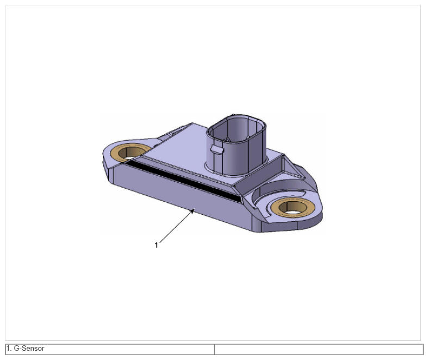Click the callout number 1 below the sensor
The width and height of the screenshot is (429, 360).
point(156,245)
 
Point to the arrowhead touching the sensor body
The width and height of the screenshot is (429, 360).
point(192,211)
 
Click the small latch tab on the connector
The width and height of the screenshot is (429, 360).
point(217,149)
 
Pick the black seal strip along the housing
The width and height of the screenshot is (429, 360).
point(183,181)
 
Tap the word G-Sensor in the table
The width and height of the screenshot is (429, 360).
point(29,349)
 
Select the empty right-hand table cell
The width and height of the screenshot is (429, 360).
point(319,349)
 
